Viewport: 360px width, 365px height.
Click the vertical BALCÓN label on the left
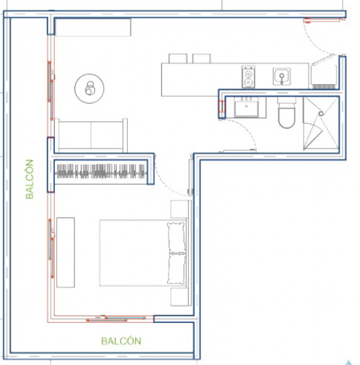(29, 179)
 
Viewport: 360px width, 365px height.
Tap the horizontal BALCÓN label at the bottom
(121, 341)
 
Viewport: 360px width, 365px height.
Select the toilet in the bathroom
(286, 113)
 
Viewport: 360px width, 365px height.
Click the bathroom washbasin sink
(246, 107)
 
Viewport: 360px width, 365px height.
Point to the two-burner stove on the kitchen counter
(248, 77)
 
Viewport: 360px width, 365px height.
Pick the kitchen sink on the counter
(282, 76)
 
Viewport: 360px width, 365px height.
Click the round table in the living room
(89, 88)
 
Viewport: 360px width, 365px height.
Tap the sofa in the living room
(91, 136)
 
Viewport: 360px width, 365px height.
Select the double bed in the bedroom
(143, 253)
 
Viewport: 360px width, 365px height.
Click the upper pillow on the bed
(177, 237)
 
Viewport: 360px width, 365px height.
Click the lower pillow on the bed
(177, 269)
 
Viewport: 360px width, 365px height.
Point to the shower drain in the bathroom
(321, 114)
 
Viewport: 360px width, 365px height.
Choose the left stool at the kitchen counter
(178, 58)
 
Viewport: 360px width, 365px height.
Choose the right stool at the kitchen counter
(201, 58)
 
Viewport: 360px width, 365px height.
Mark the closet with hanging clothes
(100, 172)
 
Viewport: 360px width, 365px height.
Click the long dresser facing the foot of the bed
(66, 253)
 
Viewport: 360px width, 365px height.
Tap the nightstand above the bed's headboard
(179, 209)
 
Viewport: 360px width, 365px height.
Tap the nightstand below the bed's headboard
(179, 297)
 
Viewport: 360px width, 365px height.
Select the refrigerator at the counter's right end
(324, 76)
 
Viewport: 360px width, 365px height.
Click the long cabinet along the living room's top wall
(93, 27)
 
